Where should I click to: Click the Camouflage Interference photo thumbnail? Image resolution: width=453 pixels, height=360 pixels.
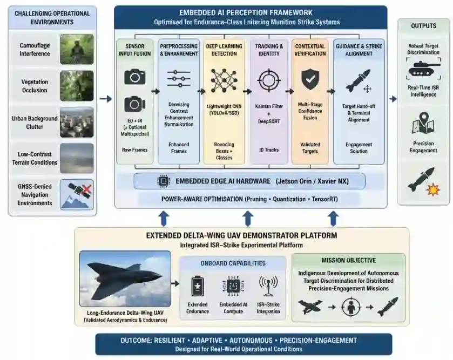tap(77, 49)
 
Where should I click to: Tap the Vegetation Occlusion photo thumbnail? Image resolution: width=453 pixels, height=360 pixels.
tap(77, 85)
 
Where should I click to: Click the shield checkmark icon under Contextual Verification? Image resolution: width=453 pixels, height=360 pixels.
tap(310, 80)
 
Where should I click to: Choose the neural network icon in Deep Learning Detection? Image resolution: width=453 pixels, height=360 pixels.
tap(224, 80)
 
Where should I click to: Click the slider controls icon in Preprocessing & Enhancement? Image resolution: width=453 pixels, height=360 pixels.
tap(179, 79)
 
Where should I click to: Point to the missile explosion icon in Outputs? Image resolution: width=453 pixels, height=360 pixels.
tap(423, 180)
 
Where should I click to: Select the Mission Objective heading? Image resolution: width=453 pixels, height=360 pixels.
tap(348, 260)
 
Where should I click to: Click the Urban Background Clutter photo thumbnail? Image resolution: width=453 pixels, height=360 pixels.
tap(77, 122)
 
